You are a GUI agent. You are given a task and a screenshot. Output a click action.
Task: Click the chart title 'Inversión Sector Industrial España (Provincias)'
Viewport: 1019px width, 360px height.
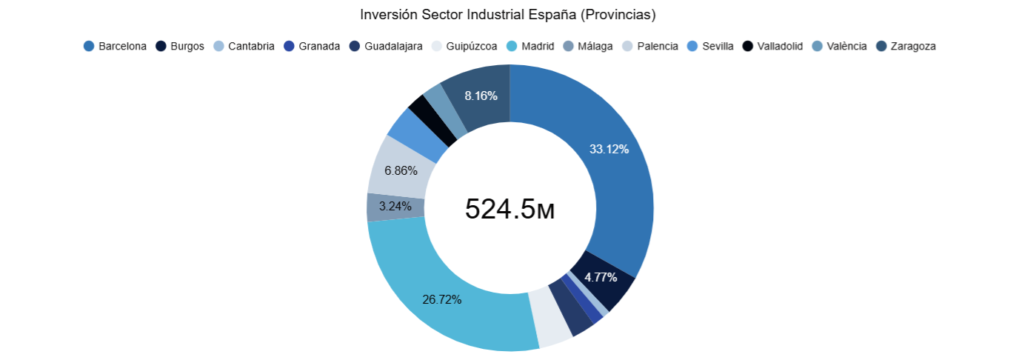508,15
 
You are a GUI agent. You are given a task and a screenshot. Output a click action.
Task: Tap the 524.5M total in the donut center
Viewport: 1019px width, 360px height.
509,210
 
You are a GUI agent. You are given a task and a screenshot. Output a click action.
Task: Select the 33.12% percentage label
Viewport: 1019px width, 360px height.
609,149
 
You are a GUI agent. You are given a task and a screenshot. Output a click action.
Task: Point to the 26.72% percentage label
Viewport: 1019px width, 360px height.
442,299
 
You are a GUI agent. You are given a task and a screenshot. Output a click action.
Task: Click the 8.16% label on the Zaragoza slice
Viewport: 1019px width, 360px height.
481,96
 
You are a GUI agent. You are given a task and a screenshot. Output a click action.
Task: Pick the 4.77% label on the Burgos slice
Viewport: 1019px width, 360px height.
601,277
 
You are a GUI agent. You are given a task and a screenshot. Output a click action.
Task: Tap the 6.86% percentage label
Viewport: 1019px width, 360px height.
401,170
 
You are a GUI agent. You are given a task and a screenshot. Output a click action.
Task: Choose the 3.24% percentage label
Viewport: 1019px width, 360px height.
395,207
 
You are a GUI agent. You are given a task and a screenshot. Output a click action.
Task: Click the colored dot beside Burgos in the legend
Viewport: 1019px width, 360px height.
161,46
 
